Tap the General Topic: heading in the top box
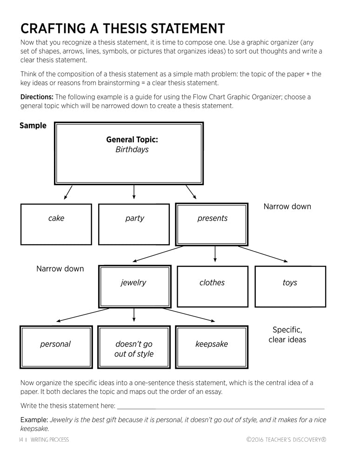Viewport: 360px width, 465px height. [132, 139]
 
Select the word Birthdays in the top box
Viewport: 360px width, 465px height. [132, 150]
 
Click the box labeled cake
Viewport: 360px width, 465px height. [56, 224]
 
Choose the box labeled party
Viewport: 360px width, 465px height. [134, 224]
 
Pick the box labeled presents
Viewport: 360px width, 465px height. [212, 224]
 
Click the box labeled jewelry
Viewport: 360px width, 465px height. [134, 286]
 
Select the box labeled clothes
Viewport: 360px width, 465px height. [212, 286]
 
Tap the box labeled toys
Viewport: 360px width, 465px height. [290, 286]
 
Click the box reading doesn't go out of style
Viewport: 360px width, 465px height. [134, 349]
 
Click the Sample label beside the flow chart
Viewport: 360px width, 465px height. [33, 126]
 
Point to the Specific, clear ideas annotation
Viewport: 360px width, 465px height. [287, 335]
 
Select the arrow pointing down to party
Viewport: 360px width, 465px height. [134, 192]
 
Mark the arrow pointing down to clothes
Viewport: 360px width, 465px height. [214, 254]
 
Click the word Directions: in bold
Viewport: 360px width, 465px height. [37, 97]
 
